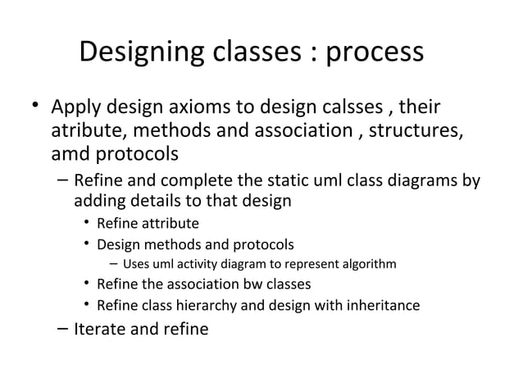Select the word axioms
218,108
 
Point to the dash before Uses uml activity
115,264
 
